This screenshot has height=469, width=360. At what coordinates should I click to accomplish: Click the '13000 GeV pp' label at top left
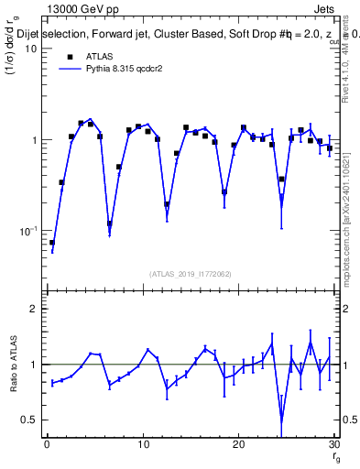(80, 9)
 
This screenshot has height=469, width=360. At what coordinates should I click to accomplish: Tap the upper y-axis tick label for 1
(33, 140)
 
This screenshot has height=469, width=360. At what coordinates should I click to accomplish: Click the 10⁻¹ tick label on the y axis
(27, 231)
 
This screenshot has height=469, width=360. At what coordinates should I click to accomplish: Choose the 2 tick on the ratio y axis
(34, 309)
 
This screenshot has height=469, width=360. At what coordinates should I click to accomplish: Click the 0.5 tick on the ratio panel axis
(29, 420)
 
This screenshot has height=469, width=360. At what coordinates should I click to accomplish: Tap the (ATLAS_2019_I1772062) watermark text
(191, 274)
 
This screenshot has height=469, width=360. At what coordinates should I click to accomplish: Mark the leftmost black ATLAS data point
(52, 243)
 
